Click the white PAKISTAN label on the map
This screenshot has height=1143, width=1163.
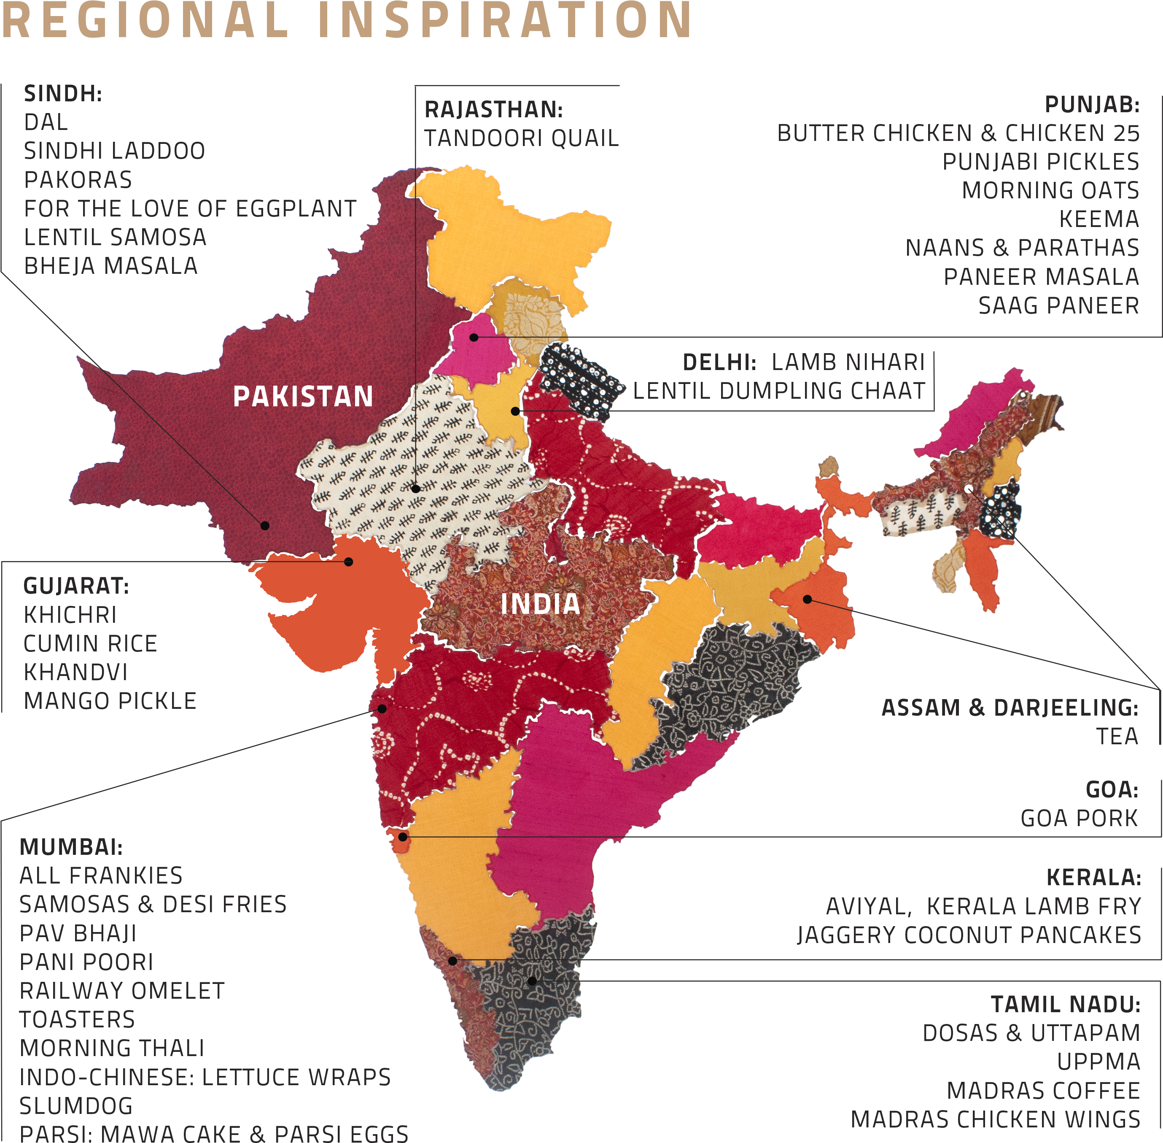point(303,397)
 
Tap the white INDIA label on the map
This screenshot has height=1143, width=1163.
point(540,604)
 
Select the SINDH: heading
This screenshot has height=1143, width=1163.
point(63,94)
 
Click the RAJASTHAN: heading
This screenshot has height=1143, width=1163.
point(493,110)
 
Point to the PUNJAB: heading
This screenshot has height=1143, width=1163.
point(1092,105)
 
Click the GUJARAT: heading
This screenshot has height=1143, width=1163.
point(75,586)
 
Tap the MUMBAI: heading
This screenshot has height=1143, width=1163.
point(71,847)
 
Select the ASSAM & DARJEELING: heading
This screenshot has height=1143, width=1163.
point(1010,708)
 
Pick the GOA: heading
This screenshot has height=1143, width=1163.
point(1112,790)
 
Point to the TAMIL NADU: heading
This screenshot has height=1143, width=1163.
point(1065,1004)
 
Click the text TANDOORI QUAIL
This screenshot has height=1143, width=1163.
point(521,139)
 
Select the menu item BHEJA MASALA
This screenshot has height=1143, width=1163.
point(110,266)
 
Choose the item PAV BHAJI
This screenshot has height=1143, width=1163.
point(78,933)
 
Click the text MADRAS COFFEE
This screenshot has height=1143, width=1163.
point(1043,1091)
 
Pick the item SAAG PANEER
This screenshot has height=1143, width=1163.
point(1058,305)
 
